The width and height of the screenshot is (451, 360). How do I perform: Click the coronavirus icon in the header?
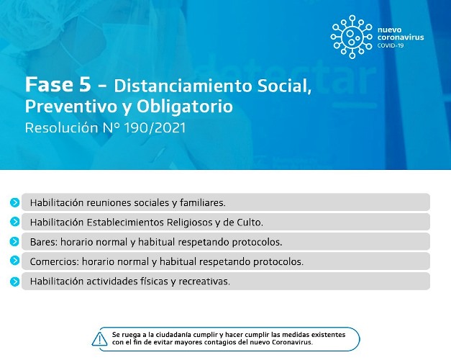point(352,37)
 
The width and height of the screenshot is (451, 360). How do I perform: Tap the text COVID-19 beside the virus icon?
point(391,45)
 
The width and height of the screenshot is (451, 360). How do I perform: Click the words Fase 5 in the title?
point(58,85)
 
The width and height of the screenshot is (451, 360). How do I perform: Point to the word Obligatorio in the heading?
point(184,107)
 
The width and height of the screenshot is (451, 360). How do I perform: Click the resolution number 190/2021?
point(155,128)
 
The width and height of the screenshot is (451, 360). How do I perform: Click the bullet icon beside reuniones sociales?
point(14,202)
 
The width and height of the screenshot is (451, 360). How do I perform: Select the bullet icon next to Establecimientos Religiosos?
point(14,222)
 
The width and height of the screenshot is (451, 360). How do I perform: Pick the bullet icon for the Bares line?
point(14,241)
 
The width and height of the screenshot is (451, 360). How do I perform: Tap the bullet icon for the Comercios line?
point(14,261)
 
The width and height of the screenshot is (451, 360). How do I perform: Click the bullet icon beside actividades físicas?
point(14,282)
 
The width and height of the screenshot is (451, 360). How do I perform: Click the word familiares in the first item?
point(203,203)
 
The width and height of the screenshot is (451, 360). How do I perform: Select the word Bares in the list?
point(45,242)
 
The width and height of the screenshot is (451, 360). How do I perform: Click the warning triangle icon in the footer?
point(99,338)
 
